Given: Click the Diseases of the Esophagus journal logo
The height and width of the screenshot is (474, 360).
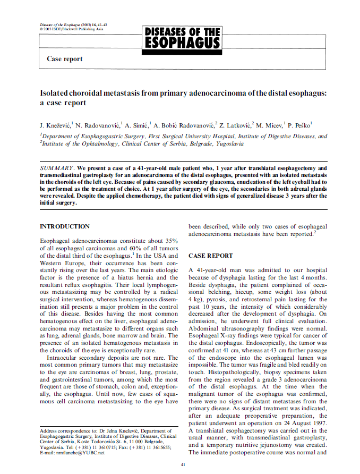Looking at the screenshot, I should [183, 37].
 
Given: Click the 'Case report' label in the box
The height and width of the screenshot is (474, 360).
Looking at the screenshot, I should [65, 59].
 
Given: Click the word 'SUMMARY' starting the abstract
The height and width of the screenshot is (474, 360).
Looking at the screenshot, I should [57, 168].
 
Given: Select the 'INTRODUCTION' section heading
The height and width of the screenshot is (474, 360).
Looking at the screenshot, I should [65, 226].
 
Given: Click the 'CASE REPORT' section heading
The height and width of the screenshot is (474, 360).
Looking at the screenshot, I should [211, 256].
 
